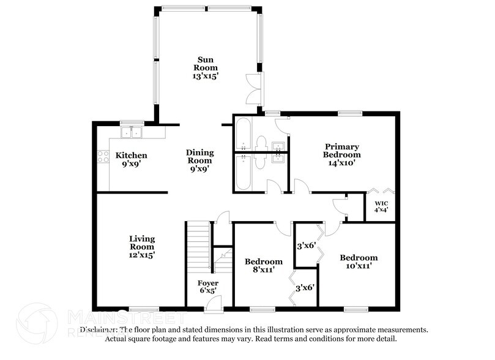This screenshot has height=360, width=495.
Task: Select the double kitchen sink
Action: [x=131, y=132]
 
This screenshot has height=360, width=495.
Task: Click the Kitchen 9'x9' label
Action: [x=131, y=160]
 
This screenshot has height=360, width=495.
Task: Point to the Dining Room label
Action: [x=200, y=157]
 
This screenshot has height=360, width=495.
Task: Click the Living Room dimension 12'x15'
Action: [x=141, y=255]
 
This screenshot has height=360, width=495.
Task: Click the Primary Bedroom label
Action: [x=342, y=150]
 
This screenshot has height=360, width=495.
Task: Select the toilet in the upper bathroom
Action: [x=261, y=143]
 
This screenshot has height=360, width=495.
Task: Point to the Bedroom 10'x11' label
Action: [x=359, y=262]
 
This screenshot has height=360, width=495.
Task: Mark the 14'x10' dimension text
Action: [x=342, y=163]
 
